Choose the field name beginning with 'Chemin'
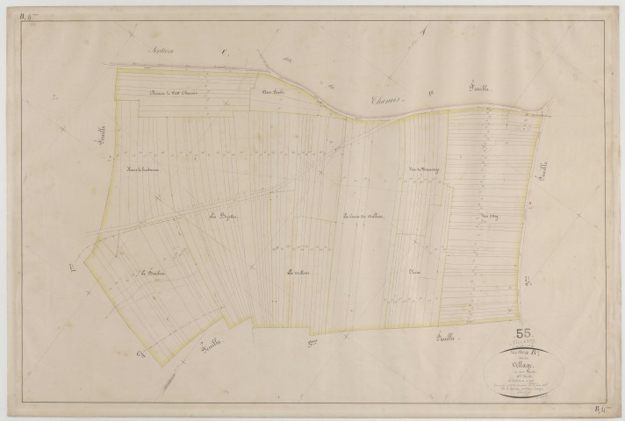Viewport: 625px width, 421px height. [175, 93]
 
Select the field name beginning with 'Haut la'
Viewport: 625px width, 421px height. [140, 169]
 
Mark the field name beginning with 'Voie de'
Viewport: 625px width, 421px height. [423, 169]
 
